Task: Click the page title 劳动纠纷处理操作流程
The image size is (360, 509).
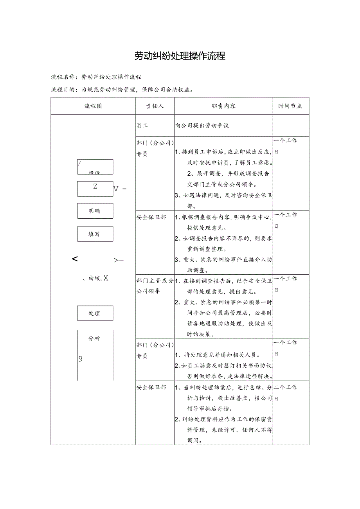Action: [x=180, y=56]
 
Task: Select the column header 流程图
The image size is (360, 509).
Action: [x=93, y=106]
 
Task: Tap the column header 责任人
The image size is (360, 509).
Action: [x=155, y=106]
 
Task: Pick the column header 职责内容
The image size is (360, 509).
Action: [x=223, y=106]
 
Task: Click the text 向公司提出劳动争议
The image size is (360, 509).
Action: [x=202, y=126]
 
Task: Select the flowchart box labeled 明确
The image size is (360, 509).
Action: [x=95, y=211]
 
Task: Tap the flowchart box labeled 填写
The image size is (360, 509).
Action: [x=95, y=234]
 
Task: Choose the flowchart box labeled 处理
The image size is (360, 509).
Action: [x=95, y=313]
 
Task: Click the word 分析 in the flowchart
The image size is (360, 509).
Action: [x=94, y=338]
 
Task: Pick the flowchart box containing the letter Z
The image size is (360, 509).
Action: [x=95, y=189]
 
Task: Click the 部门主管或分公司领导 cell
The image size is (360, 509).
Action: [x=155, y=286]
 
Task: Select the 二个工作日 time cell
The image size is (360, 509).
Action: [x=286, y=392]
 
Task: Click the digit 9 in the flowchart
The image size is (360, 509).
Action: [x=81, y=359]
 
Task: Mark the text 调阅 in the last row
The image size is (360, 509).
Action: [x=195, y=440]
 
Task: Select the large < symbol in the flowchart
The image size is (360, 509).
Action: [x=75, y=259]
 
